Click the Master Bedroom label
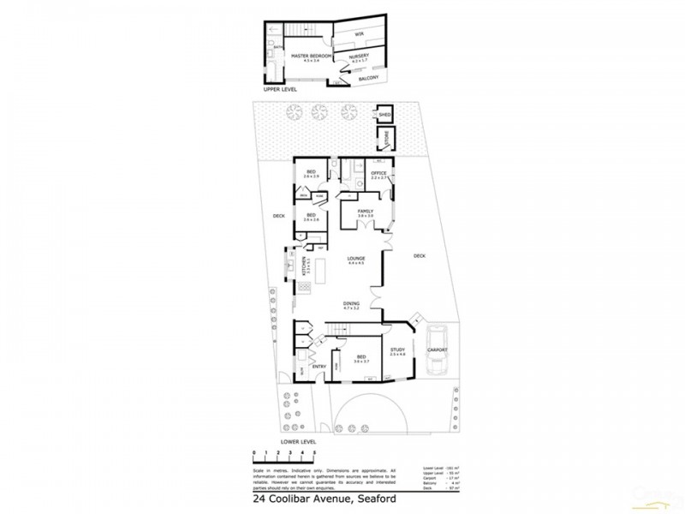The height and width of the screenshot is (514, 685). tap(311, 56)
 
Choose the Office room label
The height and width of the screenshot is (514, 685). tap(378, 173)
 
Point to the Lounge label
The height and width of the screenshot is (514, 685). tap(356, 258)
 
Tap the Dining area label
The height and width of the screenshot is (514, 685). tap(351, 302)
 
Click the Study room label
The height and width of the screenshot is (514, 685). tap(396, 350)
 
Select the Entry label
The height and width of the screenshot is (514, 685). tap(319, 368)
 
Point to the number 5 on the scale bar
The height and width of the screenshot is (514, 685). tap(314, 451)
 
